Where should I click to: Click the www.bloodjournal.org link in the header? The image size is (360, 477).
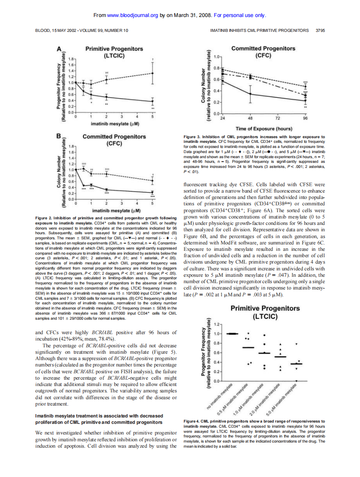coord(133,16)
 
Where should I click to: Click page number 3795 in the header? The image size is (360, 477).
coord(320,31)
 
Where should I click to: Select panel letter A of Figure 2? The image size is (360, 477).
coord(60,49)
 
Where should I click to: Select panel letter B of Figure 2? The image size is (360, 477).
coord(60,137)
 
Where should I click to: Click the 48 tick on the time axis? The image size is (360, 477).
coord(250,119)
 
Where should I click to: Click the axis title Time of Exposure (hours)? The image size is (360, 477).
coord(264,128)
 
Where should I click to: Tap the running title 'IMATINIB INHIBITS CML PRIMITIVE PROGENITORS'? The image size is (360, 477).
coord(259,31)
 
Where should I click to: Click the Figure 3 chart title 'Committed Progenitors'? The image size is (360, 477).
coord(263,48)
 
